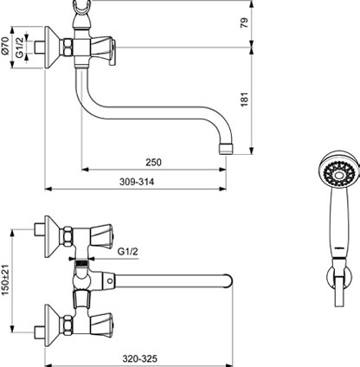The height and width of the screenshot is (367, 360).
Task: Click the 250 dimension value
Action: point(153,162)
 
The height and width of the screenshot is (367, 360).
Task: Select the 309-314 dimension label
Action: point(137,182)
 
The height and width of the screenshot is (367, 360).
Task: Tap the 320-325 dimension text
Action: point(140,358)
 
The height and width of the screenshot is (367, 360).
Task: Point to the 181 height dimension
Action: point(245,100)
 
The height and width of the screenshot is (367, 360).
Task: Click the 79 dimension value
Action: point(244,23)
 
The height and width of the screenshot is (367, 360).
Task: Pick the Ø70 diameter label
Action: point(6,46)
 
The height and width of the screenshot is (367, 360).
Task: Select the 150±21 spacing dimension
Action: point(6,280)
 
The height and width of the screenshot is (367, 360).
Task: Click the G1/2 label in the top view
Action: point(128,252)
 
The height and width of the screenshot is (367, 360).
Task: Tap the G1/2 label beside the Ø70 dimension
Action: point(19,48)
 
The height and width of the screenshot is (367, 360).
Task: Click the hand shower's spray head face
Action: point(339,174)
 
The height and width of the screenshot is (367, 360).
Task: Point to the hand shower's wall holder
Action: point(339,281)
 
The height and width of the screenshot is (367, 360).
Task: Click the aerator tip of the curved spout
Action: point(226,149)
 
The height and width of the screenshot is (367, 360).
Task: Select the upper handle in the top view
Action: point(101,236)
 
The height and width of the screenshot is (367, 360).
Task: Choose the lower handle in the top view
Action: point(101,325)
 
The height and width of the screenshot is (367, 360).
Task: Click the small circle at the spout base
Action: point(109,280)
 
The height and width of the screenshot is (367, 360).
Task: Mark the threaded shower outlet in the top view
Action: point(81,264)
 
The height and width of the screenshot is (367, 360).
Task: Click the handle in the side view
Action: point(103,49)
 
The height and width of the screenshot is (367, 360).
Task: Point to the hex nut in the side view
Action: point(67,48)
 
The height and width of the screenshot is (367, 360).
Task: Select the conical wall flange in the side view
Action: point(52,48)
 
